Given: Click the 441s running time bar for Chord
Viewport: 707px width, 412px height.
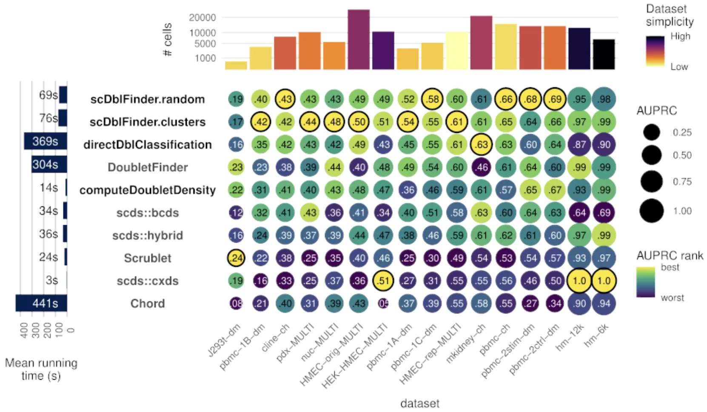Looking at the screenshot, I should pyautogui.click(x=41, y=303).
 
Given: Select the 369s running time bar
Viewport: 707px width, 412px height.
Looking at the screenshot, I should pyautogui.click(x=45, y=141).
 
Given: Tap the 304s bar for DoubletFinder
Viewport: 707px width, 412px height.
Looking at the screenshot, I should pyautogui.click(x=49, y=164).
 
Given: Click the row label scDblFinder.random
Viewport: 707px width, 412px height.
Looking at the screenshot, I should pyautogui.click(x=148, y=99).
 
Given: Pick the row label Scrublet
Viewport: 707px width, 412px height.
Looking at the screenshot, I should pyautogui.click(x=148, y=258).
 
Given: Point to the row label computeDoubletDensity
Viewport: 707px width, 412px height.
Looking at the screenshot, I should pyautogui.click(x=148, y=190).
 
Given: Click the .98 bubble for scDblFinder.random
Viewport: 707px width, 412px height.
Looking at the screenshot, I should pyautogui.click(x=604, y=99).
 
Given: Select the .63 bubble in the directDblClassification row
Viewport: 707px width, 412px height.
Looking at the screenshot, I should pyautogui.click(x=481, y=145).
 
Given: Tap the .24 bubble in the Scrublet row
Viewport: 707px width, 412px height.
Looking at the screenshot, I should pyautogui.click(x=236, y=258).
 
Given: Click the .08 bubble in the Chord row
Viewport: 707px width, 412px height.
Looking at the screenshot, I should pyautogui.click(x=236, y=303).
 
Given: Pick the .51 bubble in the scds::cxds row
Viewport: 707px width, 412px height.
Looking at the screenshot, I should pyautogui.click(x=383, y=281).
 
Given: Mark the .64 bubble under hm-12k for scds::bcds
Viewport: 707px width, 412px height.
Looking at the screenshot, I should pyautogui.click(x=579, y=213).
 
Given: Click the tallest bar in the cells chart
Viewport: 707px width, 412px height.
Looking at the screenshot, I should pyautogui.click(x=359, y=39).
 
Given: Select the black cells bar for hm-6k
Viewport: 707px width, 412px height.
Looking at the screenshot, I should pyautogui.click(x=604, y=54).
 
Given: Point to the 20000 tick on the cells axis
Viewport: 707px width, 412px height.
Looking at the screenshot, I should pyautogui.click(x=202, y=17).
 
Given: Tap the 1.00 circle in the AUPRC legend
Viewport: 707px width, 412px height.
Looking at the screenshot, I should pyautogui.click(x=651, y=211).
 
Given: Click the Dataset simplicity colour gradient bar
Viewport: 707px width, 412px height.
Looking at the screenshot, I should pyautogui.click(x=655, y=51).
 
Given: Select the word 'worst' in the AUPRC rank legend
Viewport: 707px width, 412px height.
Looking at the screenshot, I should pyautogui.click(x=672, y=298).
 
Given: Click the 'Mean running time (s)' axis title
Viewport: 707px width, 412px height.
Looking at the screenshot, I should pyautogui.click(x=41, y=369).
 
